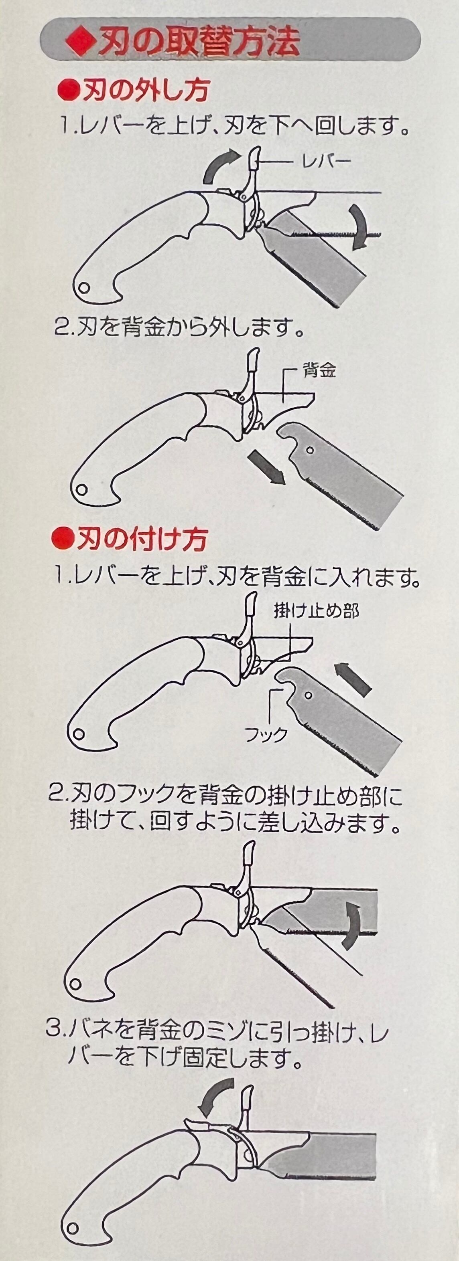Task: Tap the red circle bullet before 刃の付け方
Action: tap(62, 540)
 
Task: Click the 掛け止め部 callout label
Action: tap(317, 611)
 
